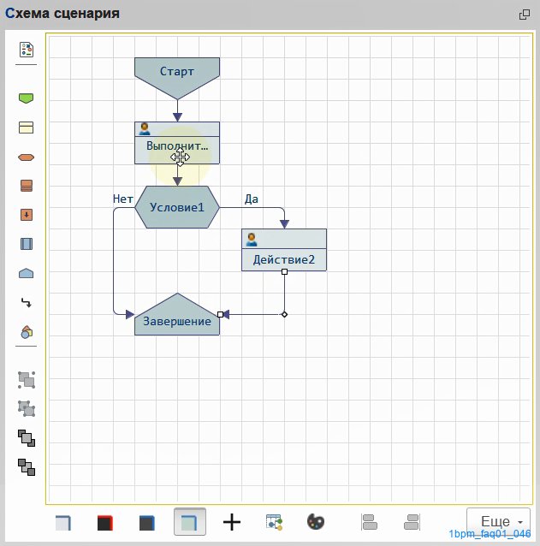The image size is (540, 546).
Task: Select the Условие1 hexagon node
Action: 177,207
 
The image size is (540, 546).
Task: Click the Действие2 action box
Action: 284,250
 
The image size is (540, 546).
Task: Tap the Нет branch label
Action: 123,199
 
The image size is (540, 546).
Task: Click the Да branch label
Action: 252,199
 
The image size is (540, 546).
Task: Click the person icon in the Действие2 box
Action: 252,240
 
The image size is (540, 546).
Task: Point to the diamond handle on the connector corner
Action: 284,314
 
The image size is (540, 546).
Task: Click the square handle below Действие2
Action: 284,271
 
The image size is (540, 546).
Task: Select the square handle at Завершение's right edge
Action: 221,314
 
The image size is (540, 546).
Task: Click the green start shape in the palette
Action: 27,98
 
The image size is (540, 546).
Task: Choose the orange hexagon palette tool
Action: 27,157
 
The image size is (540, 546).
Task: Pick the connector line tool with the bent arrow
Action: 27,303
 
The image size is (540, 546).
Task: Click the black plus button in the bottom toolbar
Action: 232,522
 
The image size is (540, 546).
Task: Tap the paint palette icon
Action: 316,522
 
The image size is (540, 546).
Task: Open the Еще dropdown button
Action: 498,521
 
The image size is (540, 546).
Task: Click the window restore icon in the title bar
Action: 525,15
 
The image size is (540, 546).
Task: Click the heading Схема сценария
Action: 62,14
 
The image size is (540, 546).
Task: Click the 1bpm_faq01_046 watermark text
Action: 490,534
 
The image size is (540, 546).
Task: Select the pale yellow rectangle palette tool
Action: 27,128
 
